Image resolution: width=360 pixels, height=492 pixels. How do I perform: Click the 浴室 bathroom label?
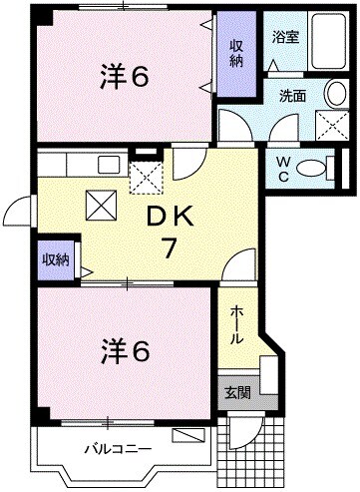pos(285,38)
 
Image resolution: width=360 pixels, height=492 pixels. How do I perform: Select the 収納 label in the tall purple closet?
pos(237,53)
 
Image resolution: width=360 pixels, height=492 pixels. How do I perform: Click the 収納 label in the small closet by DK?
pos(55,259)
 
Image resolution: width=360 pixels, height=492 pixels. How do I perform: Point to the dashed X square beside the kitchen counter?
pos(147,177)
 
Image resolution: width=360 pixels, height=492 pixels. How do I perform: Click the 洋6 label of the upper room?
pos(124,76)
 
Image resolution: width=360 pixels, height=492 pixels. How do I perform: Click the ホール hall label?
pos(236,324)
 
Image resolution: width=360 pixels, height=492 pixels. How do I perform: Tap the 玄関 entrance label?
pos(237,392)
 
